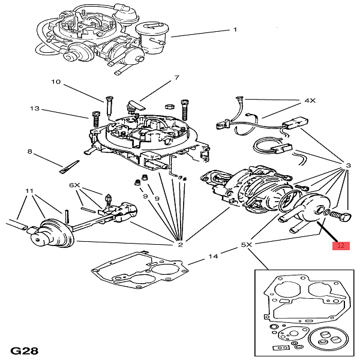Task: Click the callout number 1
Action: [x=235, y=29]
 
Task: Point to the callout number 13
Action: [x=34, y=109]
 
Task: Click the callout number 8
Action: [x=29, y=152]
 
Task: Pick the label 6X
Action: [x=75, y=185]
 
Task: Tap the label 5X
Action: [x=247, y=245]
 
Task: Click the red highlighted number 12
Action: [x=340, y=245]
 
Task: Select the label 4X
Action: [x=310, y=101]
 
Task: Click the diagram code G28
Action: [x=25, y=349]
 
